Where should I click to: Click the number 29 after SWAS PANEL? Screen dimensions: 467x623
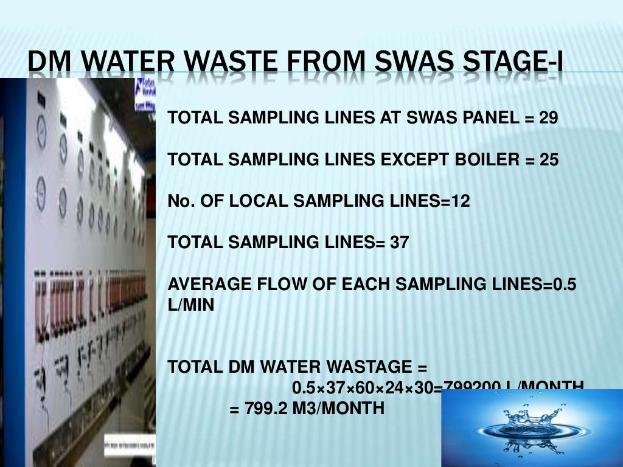point(548,118)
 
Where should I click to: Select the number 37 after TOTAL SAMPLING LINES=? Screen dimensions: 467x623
point(400,243)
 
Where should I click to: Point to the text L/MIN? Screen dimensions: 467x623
point(191,305)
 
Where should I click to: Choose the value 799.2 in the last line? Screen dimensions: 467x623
point(266,409)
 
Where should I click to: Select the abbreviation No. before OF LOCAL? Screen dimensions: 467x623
point(179,201)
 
